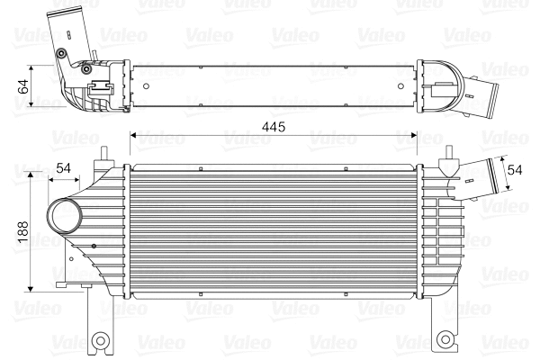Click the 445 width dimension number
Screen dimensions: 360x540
[x=273, y=127]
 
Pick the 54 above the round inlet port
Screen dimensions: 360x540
[x=64, y=167]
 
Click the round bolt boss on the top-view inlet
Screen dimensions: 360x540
[x=61, y=55]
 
